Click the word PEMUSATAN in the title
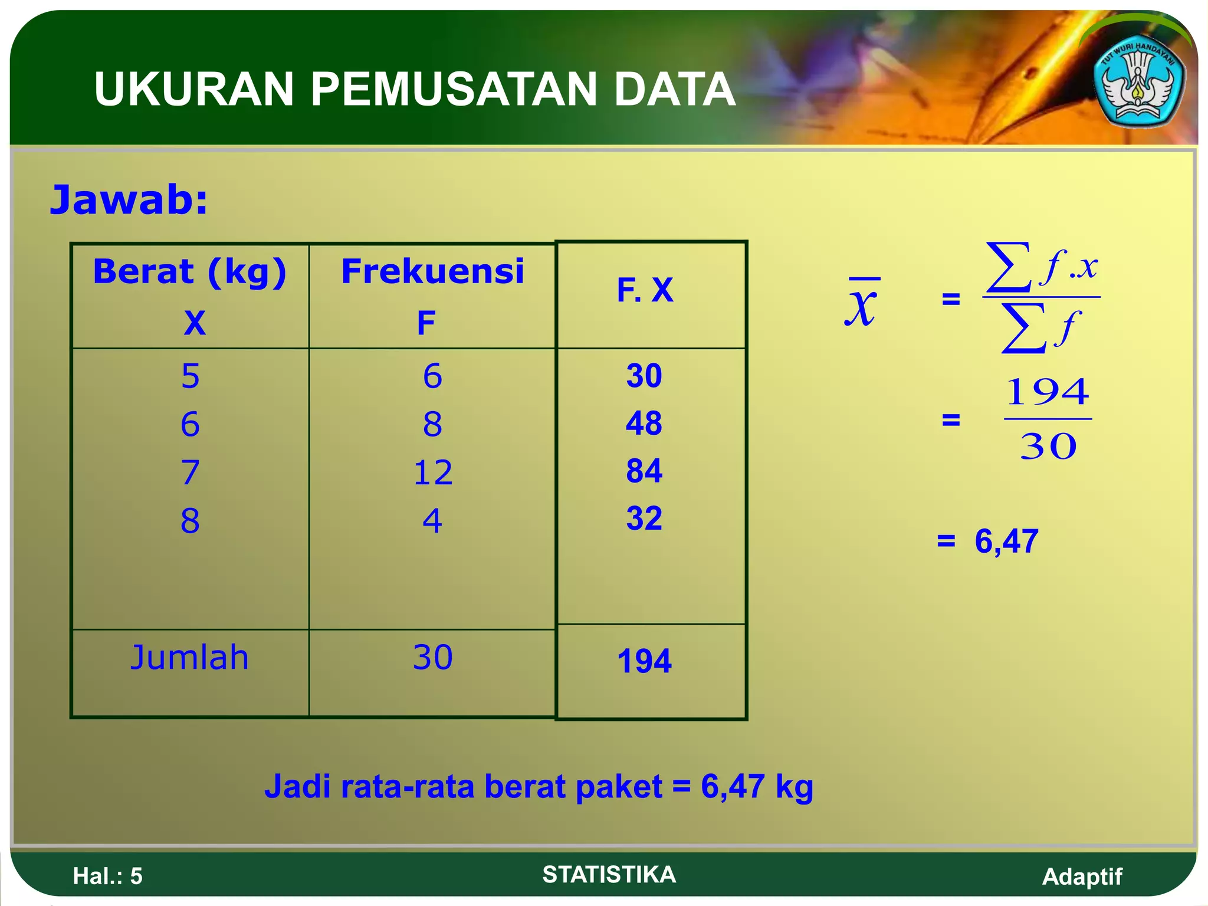[453, 90]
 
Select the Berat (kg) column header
[190, 272]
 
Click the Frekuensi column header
[432, 272]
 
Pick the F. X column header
[645, 290]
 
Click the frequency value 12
[432, 472]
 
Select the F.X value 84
[644, 471]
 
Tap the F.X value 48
[644, 423]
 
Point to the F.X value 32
[644, 518]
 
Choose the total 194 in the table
[644, 661]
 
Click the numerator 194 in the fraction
[1048, 392]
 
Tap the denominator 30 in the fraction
[1048, 447]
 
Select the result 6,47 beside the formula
[1006, 541]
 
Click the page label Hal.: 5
[107, 876]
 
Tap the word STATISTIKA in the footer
[609, 874]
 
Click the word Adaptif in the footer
[1082, 877]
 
